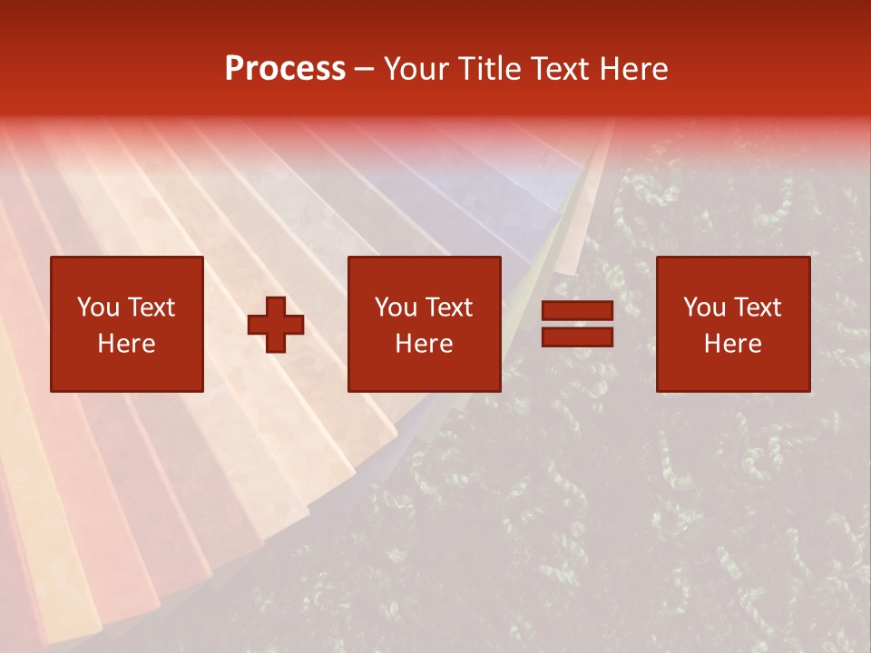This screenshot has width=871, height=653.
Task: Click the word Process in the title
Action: coord(285,69)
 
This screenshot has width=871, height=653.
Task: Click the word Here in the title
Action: coord(635,69)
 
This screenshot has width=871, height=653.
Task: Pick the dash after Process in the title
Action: coord(364,70)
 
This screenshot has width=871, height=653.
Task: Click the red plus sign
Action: coord(276,324)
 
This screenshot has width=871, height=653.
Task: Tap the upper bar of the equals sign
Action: coord(577,311)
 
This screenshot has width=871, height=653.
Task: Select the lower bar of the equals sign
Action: coord(577,336)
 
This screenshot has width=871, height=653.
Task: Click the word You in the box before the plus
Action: coord(97,307)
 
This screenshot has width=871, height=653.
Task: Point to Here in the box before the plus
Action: coord(127,344)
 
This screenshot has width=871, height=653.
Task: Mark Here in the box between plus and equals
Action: coord(425,344)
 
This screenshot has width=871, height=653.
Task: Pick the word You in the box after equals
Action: coord(703,307)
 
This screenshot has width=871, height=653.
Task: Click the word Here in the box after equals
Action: coord(733,344)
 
